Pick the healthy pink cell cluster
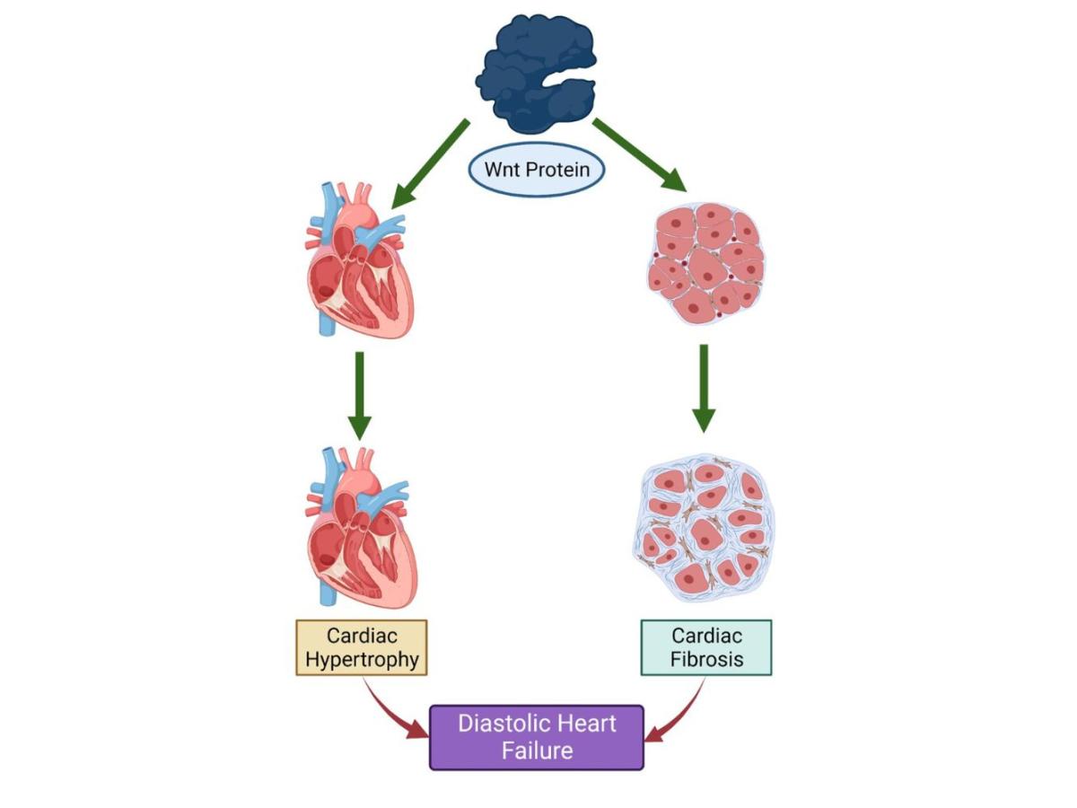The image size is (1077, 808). (706, 259)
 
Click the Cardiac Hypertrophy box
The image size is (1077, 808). (361, 647)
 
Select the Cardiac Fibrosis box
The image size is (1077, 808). (705, 647)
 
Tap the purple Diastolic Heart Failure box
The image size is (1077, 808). (537, 737)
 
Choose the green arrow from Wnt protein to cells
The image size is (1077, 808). (639, 154)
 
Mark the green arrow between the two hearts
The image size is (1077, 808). (359, 395)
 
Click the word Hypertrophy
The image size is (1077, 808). (361, 660)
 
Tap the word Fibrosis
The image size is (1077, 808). (706, 660)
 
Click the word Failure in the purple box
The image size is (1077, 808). (537, 751)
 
